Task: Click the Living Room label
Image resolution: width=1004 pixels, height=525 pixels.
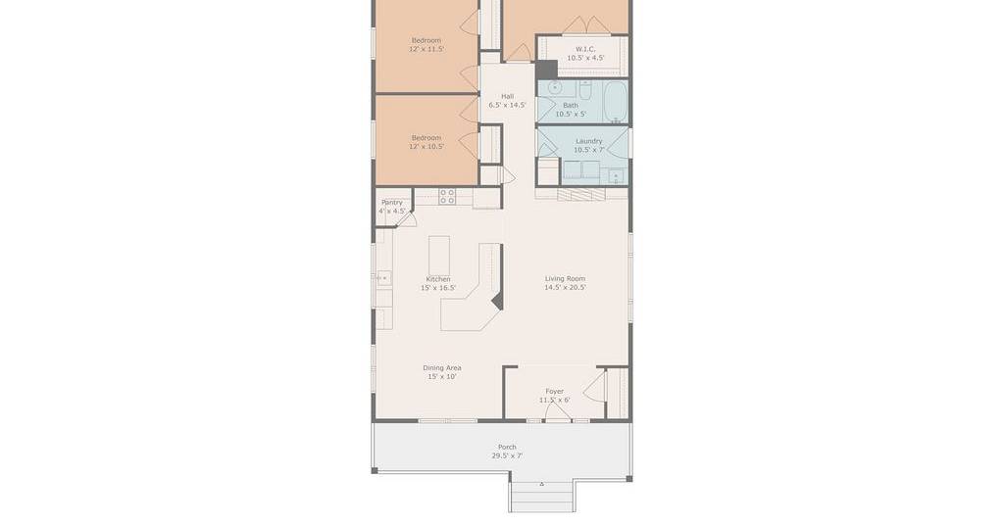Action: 565,279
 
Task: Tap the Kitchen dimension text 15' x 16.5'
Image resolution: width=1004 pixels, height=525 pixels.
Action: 438,288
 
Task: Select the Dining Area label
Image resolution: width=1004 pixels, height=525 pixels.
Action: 442,367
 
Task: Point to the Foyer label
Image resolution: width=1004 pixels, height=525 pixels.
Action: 555,392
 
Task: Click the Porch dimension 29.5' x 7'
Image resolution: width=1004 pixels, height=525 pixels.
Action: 507,455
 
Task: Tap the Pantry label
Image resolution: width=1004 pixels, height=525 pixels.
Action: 392,202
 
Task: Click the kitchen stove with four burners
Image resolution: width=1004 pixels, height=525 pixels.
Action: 447,196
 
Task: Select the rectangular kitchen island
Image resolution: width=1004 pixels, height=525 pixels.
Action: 439,255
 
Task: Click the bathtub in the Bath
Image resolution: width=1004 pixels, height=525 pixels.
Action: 616,101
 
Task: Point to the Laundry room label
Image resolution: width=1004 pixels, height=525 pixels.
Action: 589,141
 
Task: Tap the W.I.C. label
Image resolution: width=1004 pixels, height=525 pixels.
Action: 585,49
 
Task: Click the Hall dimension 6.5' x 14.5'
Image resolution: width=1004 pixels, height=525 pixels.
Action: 508,105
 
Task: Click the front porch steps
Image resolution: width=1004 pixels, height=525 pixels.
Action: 541,497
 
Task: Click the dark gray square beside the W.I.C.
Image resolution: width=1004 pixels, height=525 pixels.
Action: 546,70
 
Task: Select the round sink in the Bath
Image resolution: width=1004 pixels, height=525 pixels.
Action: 555,87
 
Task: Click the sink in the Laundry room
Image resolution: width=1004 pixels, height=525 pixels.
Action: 617,176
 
